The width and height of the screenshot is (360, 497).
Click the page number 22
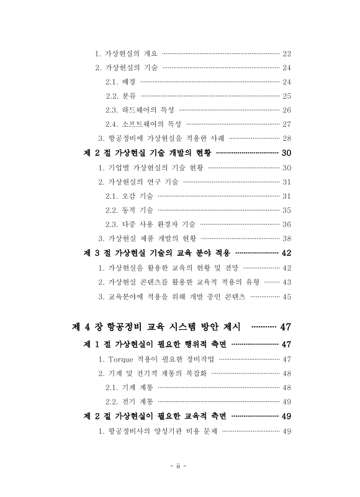tap(287, 53)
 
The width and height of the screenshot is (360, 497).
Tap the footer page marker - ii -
tap(179, 467)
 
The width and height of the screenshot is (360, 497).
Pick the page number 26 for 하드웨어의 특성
tap(287, 110)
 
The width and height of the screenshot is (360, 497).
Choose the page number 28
tap(287, 138)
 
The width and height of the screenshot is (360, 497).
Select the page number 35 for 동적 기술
tap(287, 210)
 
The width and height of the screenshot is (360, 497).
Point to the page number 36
tap(287, 224)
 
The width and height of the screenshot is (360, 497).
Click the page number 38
tap(287, 239)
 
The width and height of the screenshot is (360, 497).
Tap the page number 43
tap(287, 282)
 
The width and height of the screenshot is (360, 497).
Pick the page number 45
tap(287, 296)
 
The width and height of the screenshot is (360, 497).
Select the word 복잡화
tap(198, 373)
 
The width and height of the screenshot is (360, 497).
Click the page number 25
tap(287, 96)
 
